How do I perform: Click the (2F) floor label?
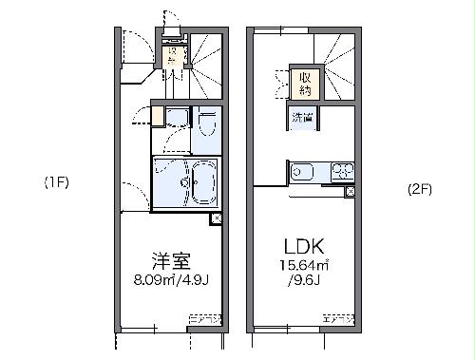[x=420, y=188]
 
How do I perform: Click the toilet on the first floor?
[x=207, y=124]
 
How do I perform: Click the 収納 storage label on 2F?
[x=305, y=84]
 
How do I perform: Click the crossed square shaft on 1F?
[x=218, y=218]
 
